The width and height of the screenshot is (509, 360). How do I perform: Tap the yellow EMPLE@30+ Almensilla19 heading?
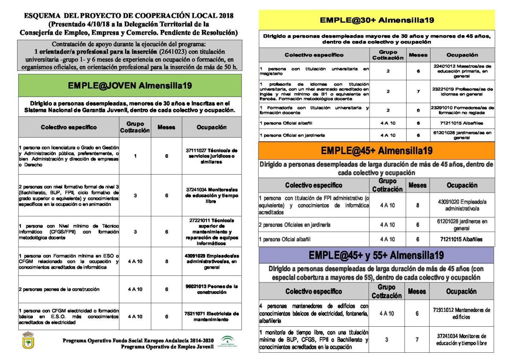click(x=377, y=20)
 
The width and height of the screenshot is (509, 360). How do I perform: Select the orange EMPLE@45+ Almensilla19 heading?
click(x=377, y=151)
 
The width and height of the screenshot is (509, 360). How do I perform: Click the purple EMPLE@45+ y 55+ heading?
click(x=377, y=256)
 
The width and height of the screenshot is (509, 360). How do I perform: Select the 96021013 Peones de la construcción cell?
click(x=212, y=289)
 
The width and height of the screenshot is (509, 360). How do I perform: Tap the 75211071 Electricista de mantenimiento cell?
click(x=212, y=316)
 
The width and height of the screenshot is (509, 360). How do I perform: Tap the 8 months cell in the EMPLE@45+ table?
click(x=418, y=205)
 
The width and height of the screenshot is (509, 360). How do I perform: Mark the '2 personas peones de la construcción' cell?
click(x=67, y=289)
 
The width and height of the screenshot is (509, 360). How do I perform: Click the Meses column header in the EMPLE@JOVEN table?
click(x=166, y=127)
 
